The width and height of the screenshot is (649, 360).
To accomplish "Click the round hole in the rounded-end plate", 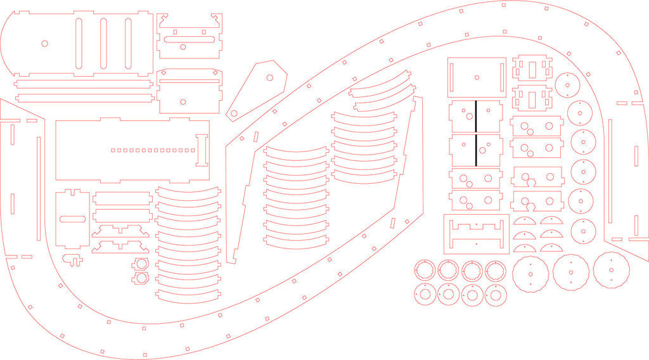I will [44, 44].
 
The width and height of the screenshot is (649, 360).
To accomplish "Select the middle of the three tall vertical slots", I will [103, 44].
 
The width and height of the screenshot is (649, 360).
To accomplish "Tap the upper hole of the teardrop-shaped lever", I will [269, 77].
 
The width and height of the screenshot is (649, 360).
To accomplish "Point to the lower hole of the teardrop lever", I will [234, 113].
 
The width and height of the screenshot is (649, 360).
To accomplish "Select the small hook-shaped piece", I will [74, 259].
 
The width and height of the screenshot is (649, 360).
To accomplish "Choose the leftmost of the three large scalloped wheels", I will [530, 274].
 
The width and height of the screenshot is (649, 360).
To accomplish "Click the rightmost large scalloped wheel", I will [611, 271].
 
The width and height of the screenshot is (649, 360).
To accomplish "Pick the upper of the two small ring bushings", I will [140, 264].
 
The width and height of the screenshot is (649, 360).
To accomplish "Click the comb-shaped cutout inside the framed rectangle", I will [476, 226].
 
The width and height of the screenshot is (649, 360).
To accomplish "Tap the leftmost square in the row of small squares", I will [112, 150].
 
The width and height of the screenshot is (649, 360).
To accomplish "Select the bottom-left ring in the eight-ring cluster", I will [424, 295].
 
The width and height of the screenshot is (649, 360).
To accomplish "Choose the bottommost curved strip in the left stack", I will [188, 293].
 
